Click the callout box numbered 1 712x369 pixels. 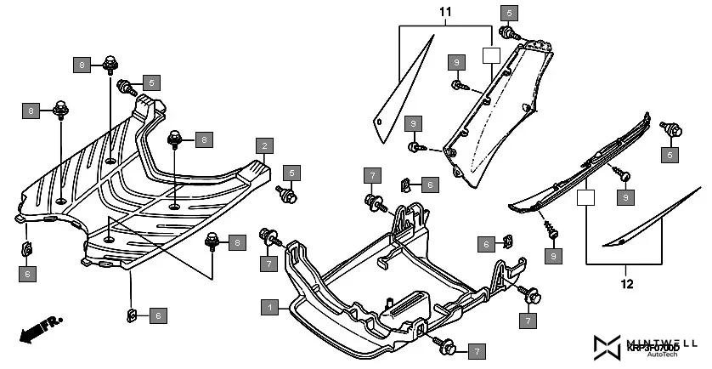pyautogui.click(x=269, y=306)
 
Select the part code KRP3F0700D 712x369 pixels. pyautogui.click(x=653, y=348)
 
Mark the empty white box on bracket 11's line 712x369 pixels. pyautogui.click(x=490, y=56)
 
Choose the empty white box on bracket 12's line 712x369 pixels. pyautogui.click(x=584, y=198)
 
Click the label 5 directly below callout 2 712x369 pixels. pyautogui.click(x=291, y=173)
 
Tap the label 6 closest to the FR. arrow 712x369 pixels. pyautogui.click(x=27, y=274)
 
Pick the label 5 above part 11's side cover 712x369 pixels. pyautogui.click(x=509, y=13)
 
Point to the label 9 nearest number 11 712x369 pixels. pyautogui.click(x=456, y=63)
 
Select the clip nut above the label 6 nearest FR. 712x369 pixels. pyautogui.click(x=25, y=248)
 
